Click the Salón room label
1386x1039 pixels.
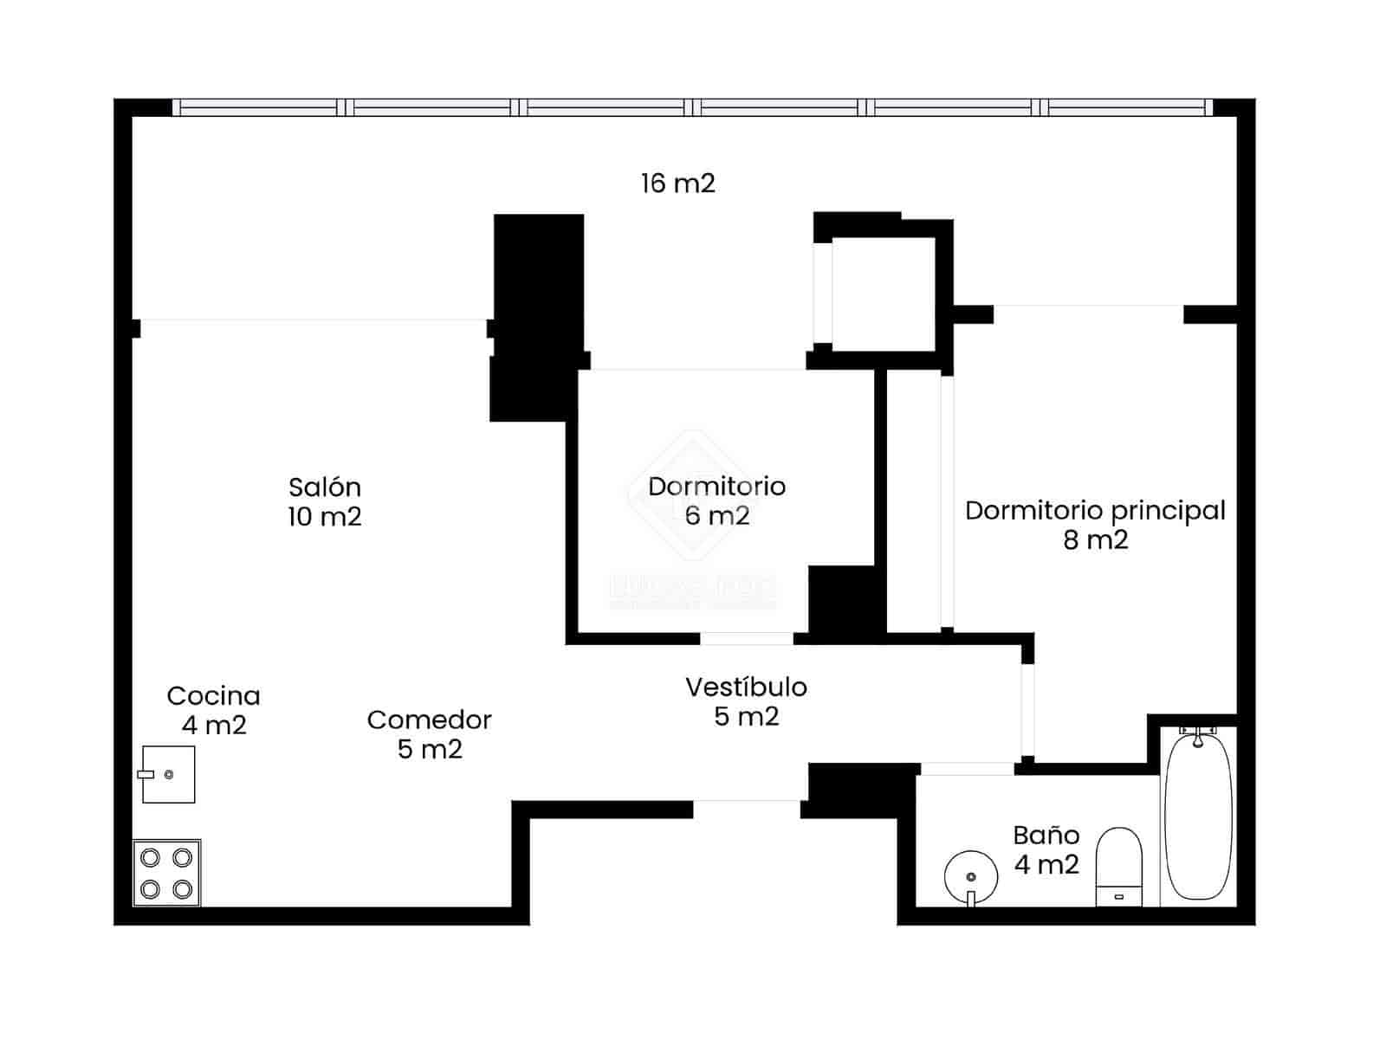[x=325, y=487]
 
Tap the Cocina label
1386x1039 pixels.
[x=213, y=696]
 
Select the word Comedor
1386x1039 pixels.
[x=429, y=720]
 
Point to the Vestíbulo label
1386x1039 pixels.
[x=746, y=687]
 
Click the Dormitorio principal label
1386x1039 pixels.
[x=1095, y=511]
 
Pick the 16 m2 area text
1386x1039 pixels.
[x=678, y=184]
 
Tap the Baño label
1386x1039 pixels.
[x=1046, y=836]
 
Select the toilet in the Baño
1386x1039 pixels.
[x=1119, y=866]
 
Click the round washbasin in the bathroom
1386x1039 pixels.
[x=970, y=874]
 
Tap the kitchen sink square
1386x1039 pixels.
[x=169, y=774]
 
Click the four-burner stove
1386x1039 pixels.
[x=166, y=873]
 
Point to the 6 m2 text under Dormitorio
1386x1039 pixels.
[x=717, y=516]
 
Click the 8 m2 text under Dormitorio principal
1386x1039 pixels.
[x=1096, y=540]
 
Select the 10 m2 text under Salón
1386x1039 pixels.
[x=325, y=517]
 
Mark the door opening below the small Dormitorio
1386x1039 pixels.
[x=746, y=639]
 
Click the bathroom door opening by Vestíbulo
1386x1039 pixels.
[x=966, y=768]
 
